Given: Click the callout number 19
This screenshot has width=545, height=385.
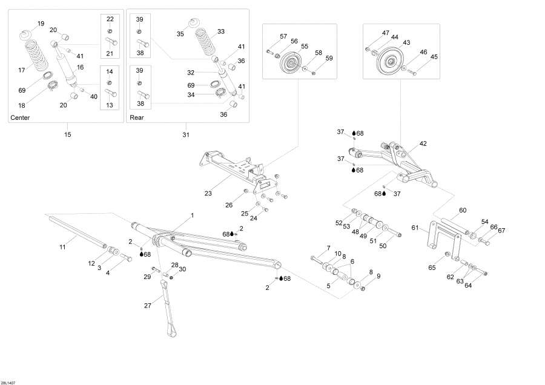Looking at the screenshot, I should (41, 24).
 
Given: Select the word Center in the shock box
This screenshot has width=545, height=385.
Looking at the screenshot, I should (20, 117).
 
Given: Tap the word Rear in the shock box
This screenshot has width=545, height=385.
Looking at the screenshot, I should (137, 117).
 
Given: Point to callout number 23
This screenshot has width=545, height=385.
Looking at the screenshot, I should (208, 194).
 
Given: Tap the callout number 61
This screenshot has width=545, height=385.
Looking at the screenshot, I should (415, 228).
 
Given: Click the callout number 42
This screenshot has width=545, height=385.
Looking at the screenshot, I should (423, 144).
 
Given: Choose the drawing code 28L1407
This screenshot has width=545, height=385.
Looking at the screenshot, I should (9, 381).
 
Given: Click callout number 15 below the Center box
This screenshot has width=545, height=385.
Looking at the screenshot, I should (67, 134).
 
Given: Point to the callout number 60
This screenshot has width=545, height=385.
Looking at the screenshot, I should (463, 210).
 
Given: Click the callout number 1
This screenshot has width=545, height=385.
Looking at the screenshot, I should (193, 215).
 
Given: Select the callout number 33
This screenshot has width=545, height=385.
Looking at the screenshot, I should (220, 31).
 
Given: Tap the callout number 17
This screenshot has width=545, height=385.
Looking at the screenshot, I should (22, 70).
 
